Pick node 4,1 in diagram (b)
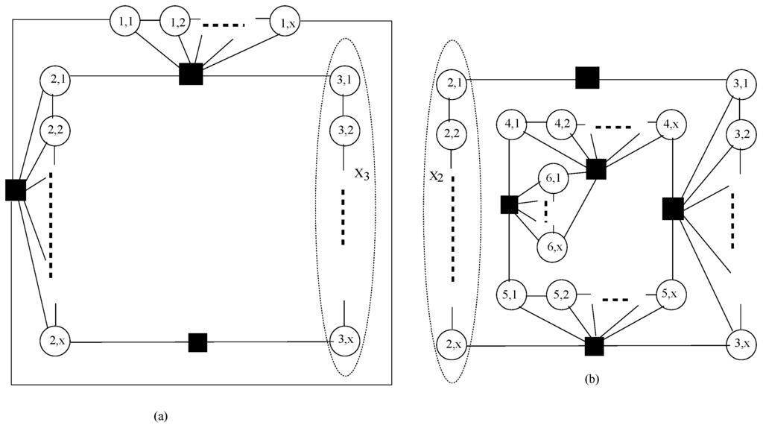click(x=513, y=122)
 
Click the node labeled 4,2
click(x=563, y=122)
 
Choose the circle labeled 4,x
click(x=671, y=122)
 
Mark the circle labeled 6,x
click(x=553, y=247)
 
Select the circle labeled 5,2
click(x=563, y=295)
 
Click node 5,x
click(x=671, y=295)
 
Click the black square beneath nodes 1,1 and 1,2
click(x=191, y=75)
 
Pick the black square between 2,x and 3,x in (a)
click(x=197, y=342)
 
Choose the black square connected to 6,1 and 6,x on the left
click(x=509, y=204)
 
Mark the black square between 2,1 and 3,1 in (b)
click(x=587, y=77)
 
